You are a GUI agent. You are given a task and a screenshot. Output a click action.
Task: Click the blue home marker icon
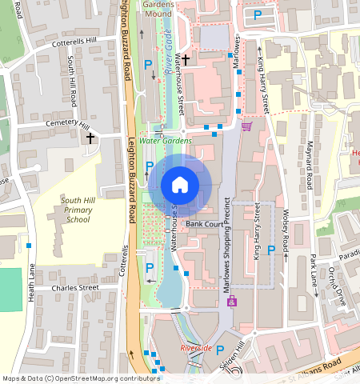(x=180, y=186)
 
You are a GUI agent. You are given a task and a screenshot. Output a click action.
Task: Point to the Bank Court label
(x=203, y=224)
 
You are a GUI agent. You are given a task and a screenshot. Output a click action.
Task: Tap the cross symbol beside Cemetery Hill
(x=90, y=138)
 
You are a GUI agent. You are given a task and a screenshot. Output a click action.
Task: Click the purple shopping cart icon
(x=246, y=126)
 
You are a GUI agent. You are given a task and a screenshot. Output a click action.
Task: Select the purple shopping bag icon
(x=232, y=302)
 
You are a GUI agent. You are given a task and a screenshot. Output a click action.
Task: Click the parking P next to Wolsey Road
(x=271, y=250)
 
